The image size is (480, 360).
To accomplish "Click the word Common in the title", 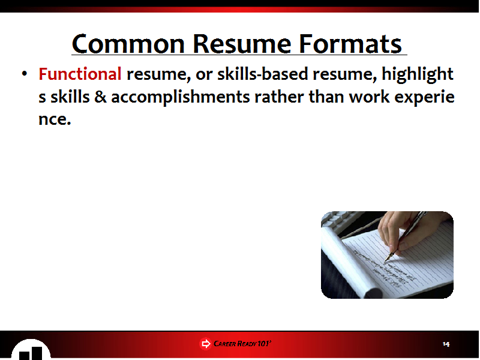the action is pos(128,44).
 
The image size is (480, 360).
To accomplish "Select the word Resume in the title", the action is pos(242,44).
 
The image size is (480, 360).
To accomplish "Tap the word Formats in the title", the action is pos(350,44).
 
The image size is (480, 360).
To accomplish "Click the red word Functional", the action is pos(80,74).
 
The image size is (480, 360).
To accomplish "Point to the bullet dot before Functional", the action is pos(25,73).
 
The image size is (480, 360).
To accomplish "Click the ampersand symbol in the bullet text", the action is pos(100,97).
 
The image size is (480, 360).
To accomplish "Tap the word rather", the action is pos(279,97).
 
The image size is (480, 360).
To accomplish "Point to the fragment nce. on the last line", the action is pos(55,119).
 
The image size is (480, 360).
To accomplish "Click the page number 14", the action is pos(446,344).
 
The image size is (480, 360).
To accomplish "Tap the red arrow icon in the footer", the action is pos(205,344).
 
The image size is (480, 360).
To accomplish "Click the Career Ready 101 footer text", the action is pos(242,344).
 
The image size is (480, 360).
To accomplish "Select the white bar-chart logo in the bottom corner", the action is pos(31,350).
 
